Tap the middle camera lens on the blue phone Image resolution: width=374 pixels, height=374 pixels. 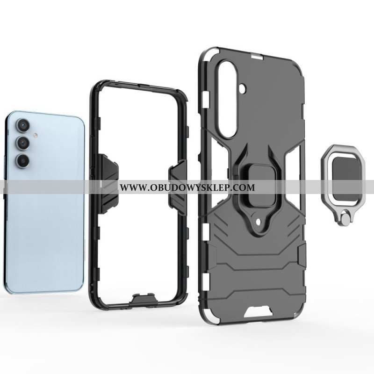tap(22, 143)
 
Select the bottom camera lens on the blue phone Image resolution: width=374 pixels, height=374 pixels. tap(22, 160)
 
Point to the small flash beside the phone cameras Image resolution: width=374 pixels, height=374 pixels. tap(36, 136)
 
